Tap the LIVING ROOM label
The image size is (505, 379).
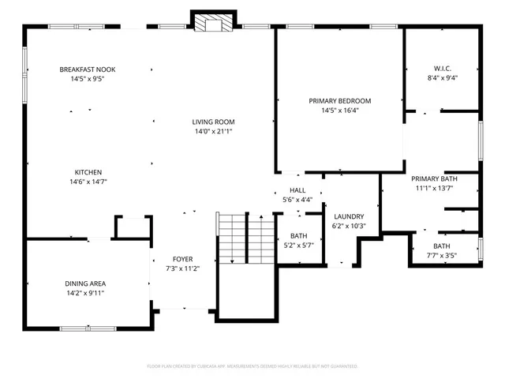213,122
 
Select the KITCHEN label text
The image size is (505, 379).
88,172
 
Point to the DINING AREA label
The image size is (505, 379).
85,283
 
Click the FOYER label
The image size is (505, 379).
182,259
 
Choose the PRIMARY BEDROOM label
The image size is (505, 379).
339,101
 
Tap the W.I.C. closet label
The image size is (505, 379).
441,69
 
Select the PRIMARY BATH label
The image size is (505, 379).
435,178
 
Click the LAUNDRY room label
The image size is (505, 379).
348,216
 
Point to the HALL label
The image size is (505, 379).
297,190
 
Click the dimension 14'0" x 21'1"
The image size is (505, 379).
213,131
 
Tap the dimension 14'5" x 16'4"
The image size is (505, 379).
339,111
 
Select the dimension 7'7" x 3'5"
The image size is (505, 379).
442,255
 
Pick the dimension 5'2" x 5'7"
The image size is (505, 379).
298,245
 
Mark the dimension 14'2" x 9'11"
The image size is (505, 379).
85,293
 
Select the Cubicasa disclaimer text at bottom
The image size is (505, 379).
252,366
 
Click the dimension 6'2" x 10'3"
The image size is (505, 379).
348,226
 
